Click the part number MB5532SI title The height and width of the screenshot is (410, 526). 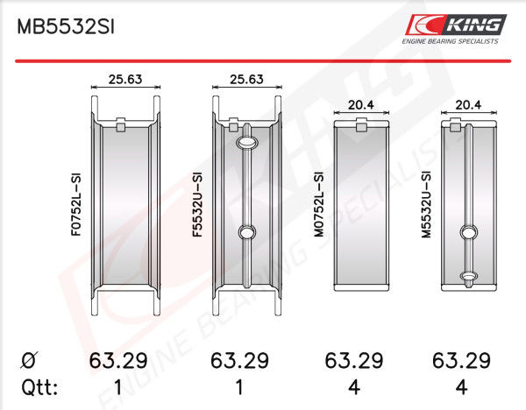pyautogui.click(x=66, y=27)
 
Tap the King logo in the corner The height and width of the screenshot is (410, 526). pyautogui.click(x=456, y=25)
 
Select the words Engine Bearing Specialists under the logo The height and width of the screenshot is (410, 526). pyautogui.click(x=451, y=41)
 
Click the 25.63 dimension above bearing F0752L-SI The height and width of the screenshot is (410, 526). pyautogui.click(x=125, y=79)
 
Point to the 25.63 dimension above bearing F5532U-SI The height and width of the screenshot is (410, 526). pyautogui.click(x=246, y=79)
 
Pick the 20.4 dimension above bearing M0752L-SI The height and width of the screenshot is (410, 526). pyautogui.click(x=361, y=105)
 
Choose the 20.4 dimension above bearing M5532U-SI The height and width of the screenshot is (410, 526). pyautogui.click(x=468, y=105)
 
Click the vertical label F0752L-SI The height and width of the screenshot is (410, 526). pyautogui.click(x=76, y=204)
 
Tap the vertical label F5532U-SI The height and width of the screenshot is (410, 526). pyautogui.click(x=197, y=204)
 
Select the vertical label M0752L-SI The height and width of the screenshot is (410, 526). pyautogui.click(x=319, y=204)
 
